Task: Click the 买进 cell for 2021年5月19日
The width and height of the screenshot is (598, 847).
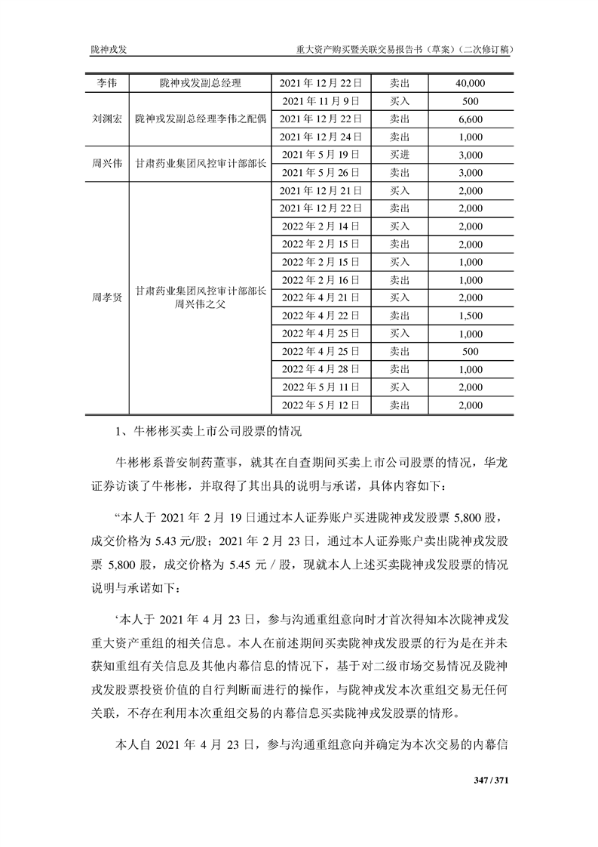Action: tap(399, 155)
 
